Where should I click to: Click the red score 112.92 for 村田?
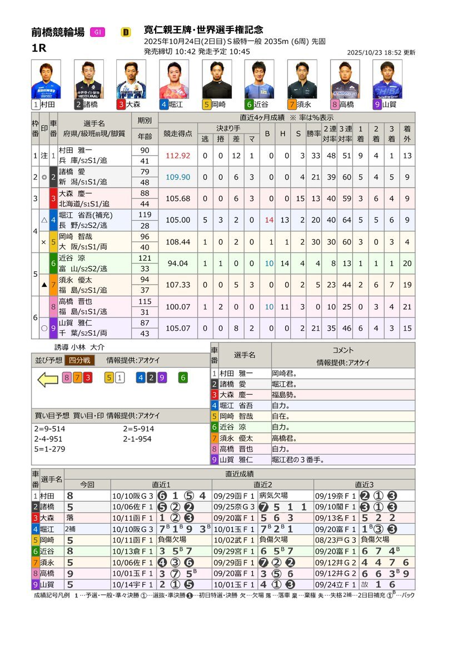click(177, 156)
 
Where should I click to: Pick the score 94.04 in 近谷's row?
click(177, 263)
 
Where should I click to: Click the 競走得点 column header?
click(177, 134)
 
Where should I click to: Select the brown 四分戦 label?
click(80, 360)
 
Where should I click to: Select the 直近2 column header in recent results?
click(262, 485)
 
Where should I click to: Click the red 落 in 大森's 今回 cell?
click(69, 517)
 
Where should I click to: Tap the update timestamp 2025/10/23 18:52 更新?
click(381, 52)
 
